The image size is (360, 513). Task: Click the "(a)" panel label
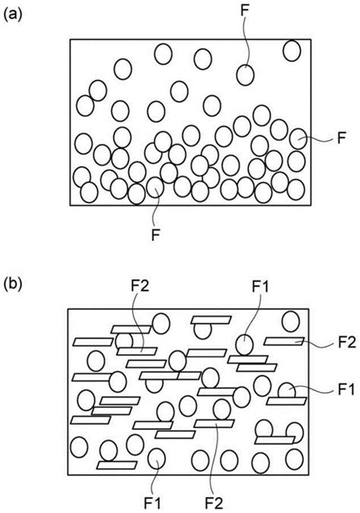point(12,15)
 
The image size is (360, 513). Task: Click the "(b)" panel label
point(12,284)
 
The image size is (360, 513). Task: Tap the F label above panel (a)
point(245,10)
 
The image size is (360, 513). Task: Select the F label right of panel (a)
point(341,138)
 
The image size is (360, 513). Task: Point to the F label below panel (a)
point(155,236)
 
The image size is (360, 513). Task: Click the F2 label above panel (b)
point(140,287)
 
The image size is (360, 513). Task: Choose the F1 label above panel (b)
point(261,287)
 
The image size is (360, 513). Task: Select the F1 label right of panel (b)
point(346,390)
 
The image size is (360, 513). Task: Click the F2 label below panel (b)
point(214,503)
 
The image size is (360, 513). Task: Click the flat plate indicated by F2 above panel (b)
point(137,351)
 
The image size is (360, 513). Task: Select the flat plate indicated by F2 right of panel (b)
point(284,341)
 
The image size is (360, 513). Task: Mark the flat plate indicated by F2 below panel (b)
point(214,423)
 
